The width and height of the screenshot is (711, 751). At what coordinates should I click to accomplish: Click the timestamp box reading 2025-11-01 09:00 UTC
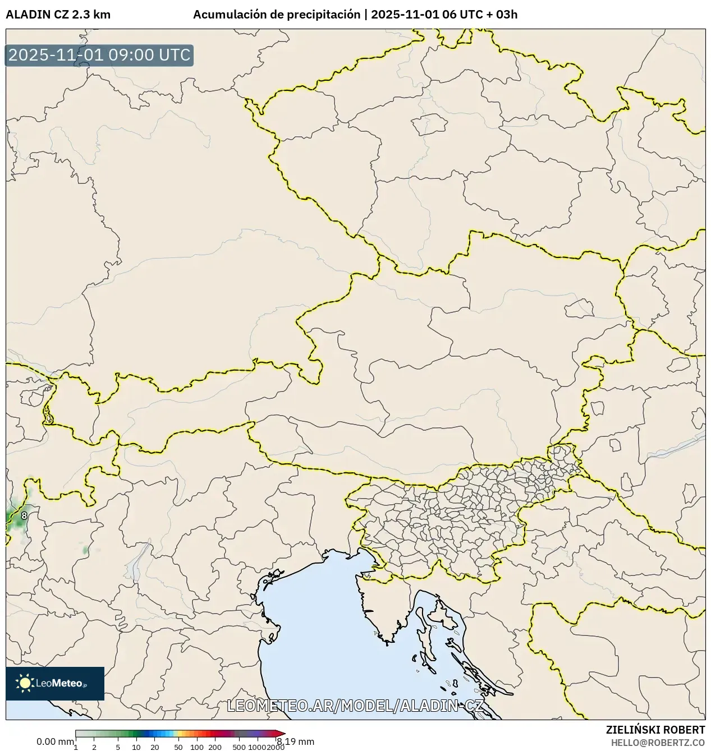click(x=99, y=56)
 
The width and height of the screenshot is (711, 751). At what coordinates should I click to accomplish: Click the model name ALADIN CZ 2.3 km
click(x=58, y=15)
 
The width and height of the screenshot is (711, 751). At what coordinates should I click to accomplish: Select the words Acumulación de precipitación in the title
click(x=277, y=15)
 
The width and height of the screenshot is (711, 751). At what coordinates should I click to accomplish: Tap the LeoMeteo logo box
click(x=55, y=683)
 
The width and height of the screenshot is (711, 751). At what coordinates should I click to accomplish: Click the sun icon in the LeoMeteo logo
click(x=25, y=683)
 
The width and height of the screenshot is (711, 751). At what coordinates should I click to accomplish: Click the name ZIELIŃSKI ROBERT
click(x=655, y=730)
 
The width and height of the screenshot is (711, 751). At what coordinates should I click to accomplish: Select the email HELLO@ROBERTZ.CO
click(x=658, y=742)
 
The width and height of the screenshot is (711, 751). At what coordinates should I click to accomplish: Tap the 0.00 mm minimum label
click(x=55, y=741)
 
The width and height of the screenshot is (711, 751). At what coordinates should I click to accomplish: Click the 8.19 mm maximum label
click(x=296, y=741)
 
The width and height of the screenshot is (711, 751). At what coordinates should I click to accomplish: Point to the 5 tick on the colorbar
click(x=118, y=747)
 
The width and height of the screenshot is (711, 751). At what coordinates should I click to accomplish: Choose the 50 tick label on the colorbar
click(x=178, y=747)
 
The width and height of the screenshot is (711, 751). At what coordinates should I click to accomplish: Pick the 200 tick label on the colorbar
click(x=215, y=747)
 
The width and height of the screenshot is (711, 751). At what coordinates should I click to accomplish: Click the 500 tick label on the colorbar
click(x=239, y=747)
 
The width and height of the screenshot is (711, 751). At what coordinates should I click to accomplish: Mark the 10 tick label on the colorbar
click(x=136, y=747)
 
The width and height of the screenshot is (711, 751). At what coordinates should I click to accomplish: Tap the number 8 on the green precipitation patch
click(x=24, y=515)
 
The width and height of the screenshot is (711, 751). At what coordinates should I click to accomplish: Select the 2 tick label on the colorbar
click(x=94, y=747)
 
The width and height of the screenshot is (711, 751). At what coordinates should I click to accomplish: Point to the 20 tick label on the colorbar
click(x=155, y=747)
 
